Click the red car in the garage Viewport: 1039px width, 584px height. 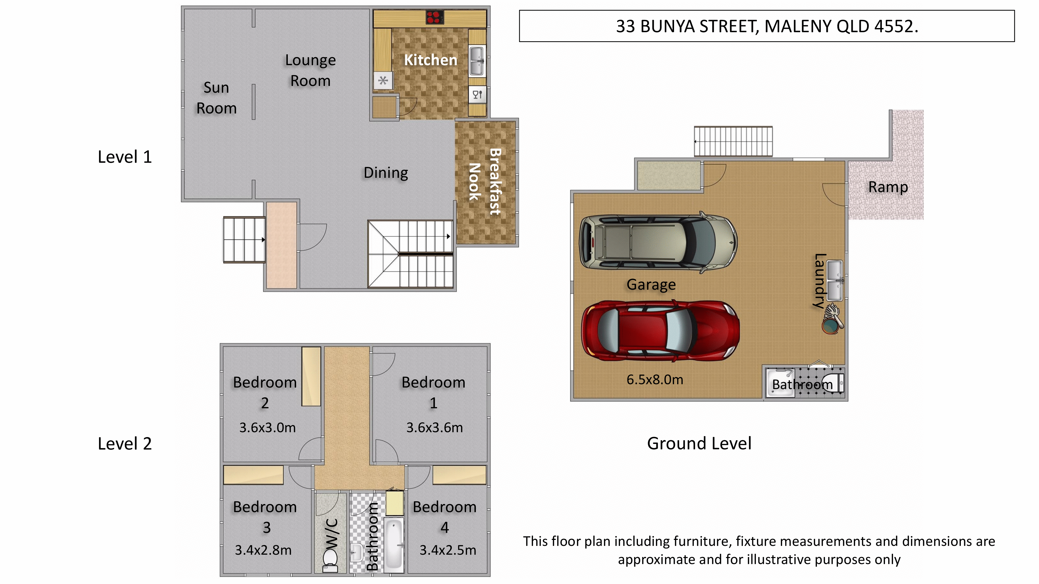(660, 330)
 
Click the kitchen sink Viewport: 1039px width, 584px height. (476, 60)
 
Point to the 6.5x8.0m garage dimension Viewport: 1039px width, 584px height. (655, 380)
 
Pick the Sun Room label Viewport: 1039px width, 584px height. (217, 98)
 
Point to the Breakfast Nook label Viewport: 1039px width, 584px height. (485, 182)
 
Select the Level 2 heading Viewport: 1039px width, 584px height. (125, 443)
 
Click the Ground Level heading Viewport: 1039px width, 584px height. (699, 443)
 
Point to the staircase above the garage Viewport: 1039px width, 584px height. (733, 141)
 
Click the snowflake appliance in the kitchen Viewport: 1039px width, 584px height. (383, 81)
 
